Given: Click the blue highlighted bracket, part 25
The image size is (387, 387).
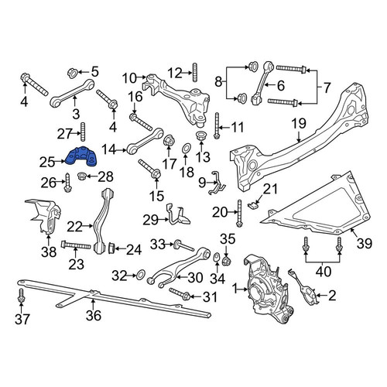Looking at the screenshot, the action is (81, 156).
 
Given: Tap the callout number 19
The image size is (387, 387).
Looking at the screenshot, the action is (299, 124).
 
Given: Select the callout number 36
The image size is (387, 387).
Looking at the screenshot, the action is (94, 315).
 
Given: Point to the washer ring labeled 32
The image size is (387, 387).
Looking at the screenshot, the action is (140, 275).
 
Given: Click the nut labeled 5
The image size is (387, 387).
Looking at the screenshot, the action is (73, 72).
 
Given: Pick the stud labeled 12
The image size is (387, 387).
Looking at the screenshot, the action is (195, 72).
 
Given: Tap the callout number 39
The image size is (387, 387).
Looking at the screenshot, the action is (364, 243).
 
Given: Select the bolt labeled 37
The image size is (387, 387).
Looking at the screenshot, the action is (21, 296).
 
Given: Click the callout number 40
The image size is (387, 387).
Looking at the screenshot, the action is (323, 272).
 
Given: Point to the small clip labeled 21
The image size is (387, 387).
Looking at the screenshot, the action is (253, 205).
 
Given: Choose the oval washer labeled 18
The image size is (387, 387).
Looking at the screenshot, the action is (186, 149).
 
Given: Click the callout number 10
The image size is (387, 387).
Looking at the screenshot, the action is (129, 77).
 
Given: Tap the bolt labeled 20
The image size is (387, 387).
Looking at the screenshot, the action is (239, 214).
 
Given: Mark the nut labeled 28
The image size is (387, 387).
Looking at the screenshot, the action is (81, 176).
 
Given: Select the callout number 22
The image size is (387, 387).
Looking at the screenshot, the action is (74, 228).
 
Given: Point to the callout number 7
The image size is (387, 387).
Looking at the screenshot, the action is (327, 87).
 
